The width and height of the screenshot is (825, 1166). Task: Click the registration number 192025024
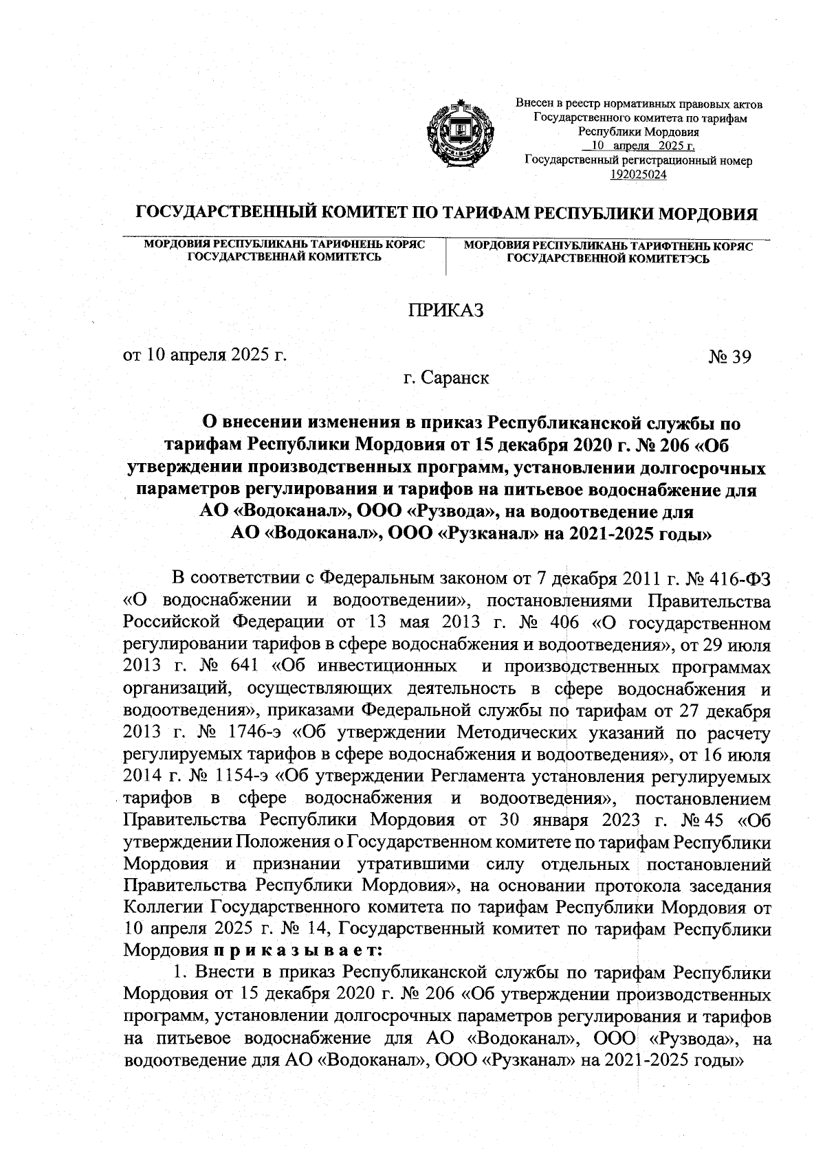[638, 175]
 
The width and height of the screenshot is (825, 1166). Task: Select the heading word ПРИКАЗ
[446, 311]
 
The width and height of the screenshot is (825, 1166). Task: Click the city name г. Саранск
[446, 378]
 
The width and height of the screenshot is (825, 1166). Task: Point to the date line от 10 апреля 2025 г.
[204, 356]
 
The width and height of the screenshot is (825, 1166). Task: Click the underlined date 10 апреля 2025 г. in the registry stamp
[638, 147]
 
